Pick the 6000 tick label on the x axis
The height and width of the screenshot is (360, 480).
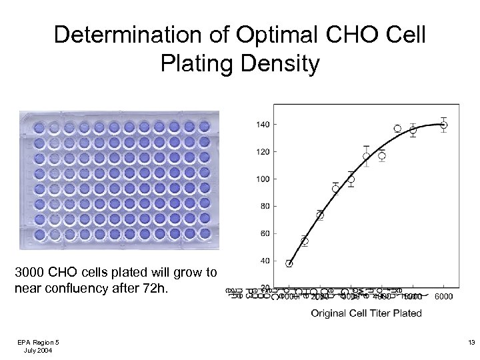coord(444,297)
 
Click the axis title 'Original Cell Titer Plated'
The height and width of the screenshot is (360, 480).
coord(366,313)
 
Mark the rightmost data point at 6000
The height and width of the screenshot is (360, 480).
coord(444,125)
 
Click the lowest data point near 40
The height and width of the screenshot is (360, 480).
coord(289,263)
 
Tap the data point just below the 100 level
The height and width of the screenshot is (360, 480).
coord(351,179)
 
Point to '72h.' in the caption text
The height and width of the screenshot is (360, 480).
coord(162,289)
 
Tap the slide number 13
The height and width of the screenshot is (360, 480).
coord(471,342)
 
